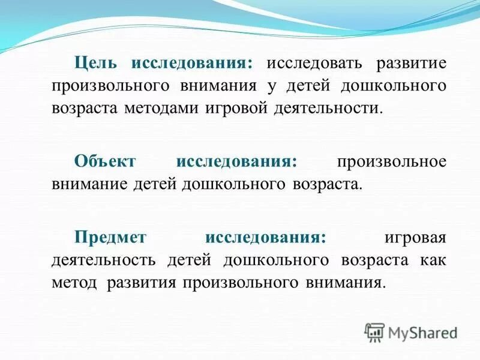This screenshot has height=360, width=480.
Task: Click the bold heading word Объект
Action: point(106,161)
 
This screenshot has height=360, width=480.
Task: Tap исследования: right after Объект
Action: point(238,161)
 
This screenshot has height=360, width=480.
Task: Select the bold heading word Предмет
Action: point(110,237)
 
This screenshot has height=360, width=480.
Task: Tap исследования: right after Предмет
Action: point(266,237)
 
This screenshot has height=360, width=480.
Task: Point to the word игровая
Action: point(415,237)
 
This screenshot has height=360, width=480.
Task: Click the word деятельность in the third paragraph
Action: point(104,260)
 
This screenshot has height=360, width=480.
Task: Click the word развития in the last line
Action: point(140,282)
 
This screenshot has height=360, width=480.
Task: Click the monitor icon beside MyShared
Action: point(374,332)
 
